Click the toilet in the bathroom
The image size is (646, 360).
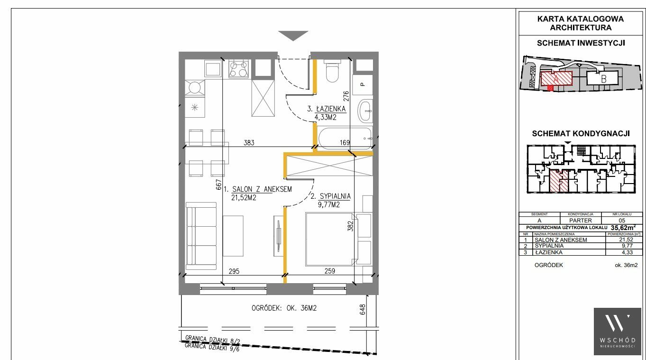pyautogui.click(x=332, y=71)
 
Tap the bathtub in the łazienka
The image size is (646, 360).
pyautogui.click(x=345, y=138)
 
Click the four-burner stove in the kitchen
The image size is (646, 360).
pyautogui.click(x=238, y=69)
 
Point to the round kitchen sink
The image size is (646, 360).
pyautogui.click(x=195, y=87)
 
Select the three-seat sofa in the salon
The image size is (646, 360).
pyautogui.click(x=201, y=236)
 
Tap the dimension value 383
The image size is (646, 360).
pyautogui.click(x=249, y=143)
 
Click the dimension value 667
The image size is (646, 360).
pyautogui.click(x=218, y=185)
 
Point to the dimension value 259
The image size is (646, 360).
pyautogui.click(x=329, y=271)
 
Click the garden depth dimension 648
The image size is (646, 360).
pyautogui.click(x=363, y=309)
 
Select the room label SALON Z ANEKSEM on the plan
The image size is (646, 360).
pyautogui.click(x=262, y=189)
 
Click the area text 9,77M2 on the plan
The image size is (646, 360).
pyautogui.click(x=329, y=205)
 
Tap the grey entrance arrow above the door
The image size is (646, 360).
pyautogui.click(x=293, y=35)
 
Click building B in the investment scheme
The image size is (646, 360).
pyautogui.click(x=602, y=79)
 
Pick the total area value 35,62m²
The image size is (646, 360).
pyautogui.click(x=623, y=228)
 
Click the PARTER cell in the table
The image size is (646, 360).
pyautogui.click(x=581, y=220)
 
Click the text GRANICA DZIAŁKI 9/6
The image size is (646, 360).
pyautogui.click(x=212, y=347)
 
